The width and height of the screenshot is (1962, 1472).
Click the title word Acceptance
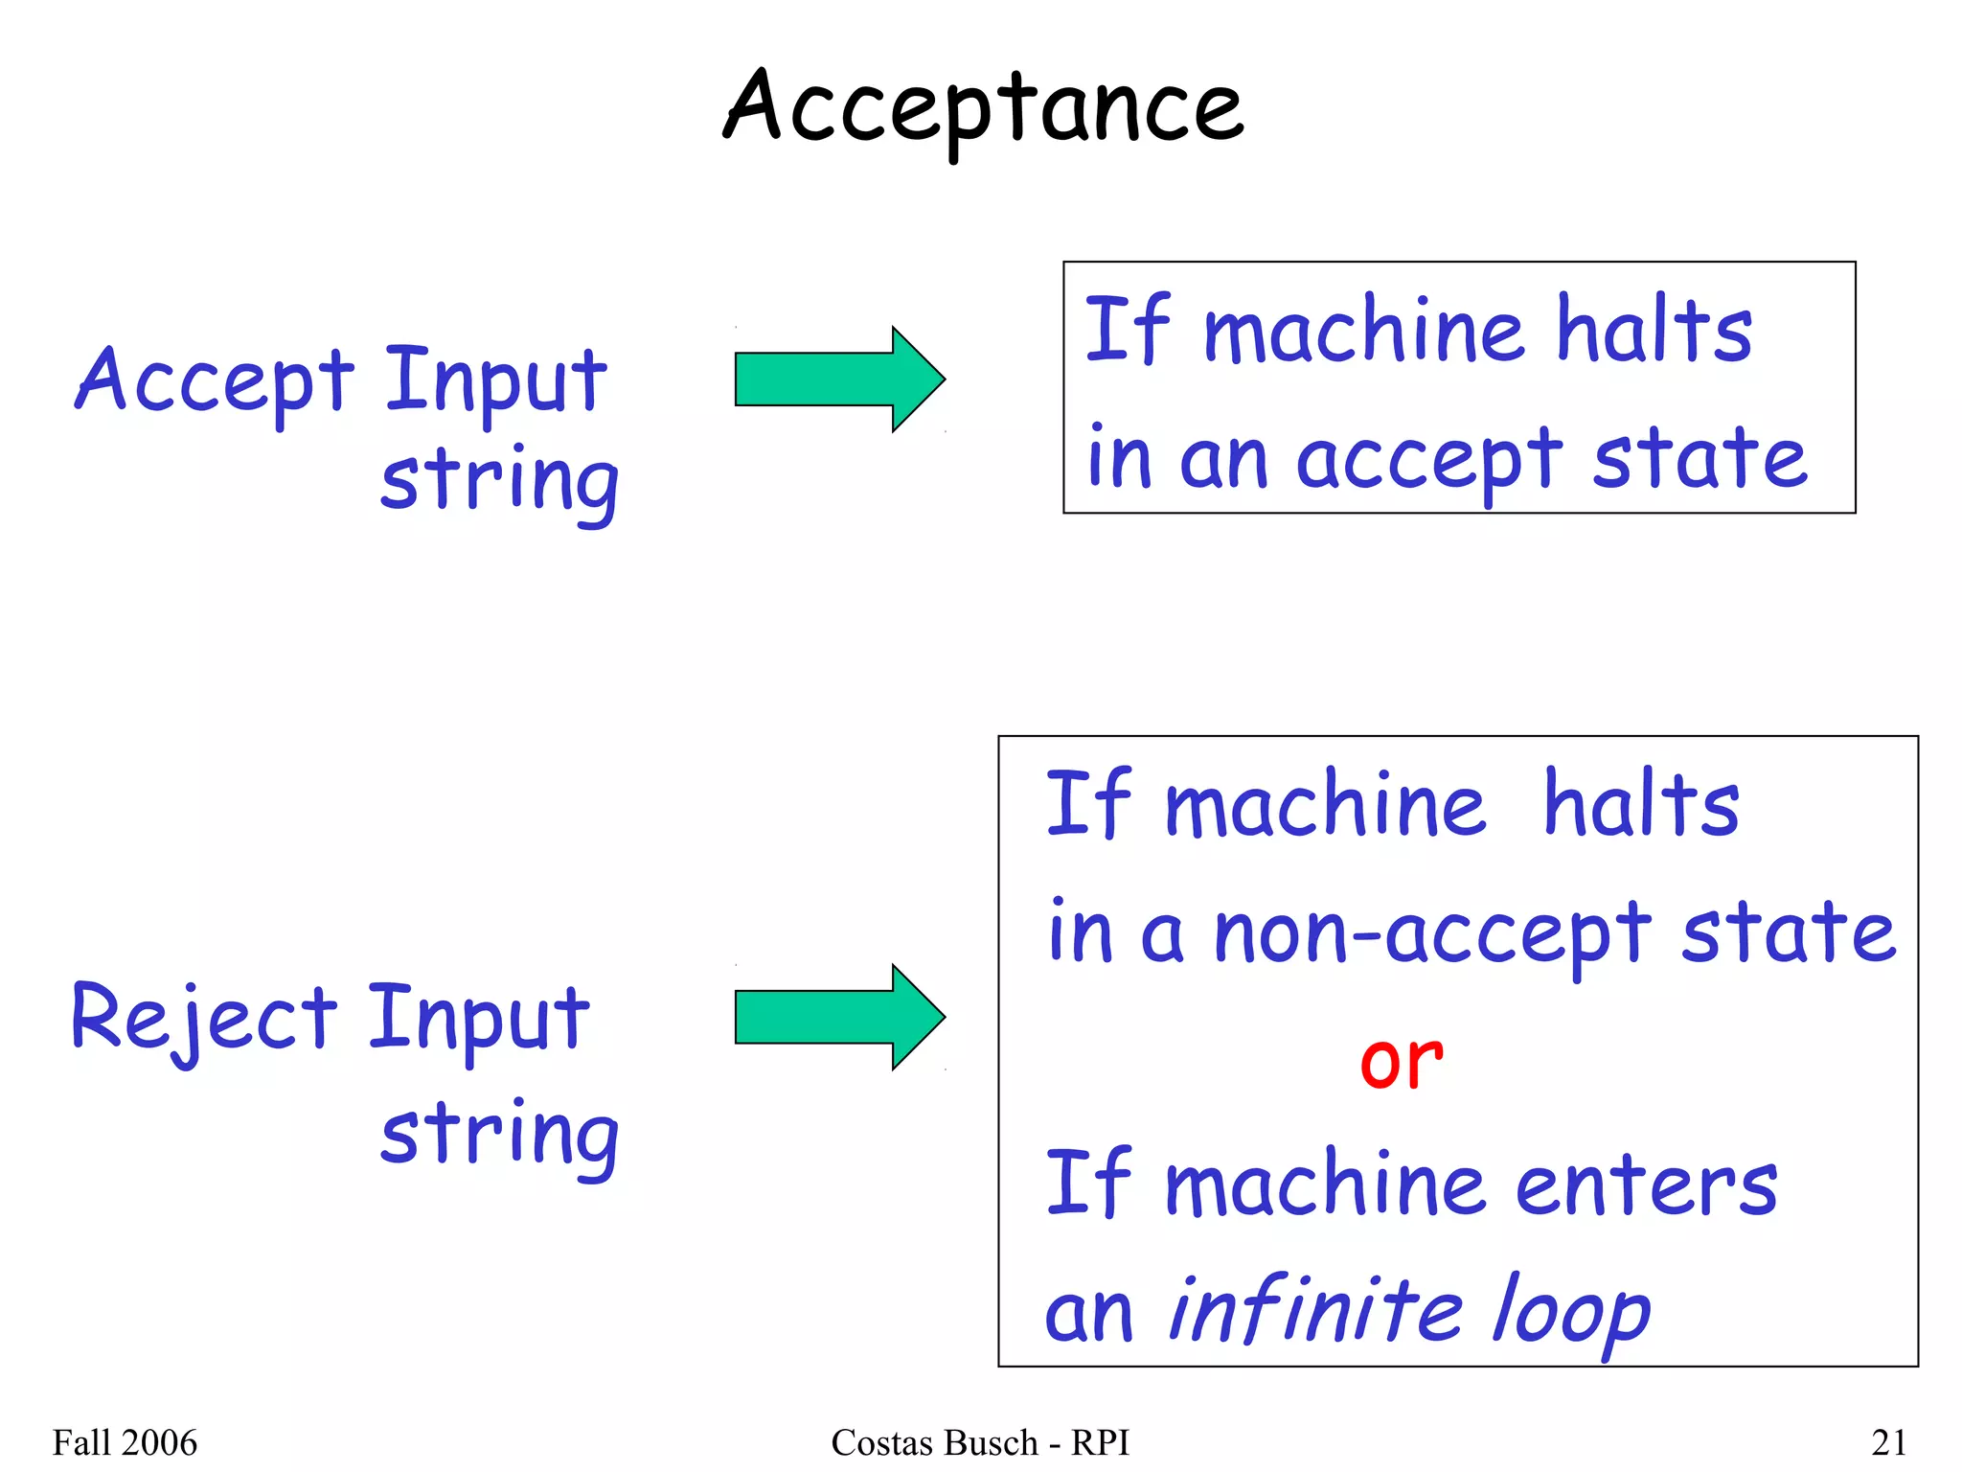pyautogui.click(x=983, y=107)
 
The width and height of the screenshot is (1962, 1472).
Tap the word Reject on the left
pyautogui.click(x=204, y=1020)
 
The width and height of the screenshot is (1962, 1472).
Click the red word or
pyautogui.click(x=1401, y=1062)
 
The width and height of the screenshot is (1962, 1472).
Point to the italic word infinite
pyautogui.click(x=1315, y=1309)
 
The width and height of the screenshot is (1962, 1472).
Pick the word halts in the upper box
pyautogui.click(x=1654, y=330)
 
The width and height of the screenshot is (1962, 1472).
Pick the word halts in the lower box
pyautogui.click(x=1641, y=805)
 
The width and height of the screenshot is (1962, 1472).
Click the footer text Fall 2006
pyautogui.click(x=125, y=1442)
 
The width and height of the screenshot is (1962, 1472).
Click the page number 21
pyautogui.click(x=1888, y=1442)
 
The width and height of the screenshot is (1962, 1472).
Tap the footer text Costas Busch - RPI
pyautogui.click(x=980, y=1442)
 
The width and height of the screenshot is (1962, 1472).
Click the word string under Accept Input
pyautogui.click(x=499, y=482)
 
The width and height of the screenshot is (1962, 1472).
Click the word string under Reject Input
pyautogui.click(x=499, y=1136)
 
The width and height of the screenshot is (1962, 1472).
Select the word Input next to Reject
pyautogui.click(x=478, y=1020)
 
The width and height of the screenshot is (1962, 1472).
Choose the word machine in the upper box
pyautogui.click(x=1362, y=332)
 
